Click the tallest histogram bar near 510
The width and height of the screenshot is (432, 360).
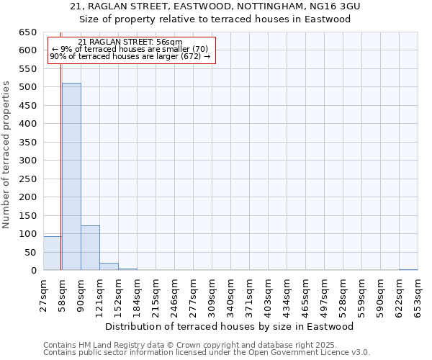[71, 176]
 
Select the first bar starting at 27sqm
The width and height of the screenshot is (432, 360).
[52, 253]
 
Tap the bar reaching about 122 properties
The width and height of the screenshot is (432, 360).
[90, 248]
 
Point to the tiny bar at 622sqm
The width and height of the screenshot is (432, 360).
[408, 269]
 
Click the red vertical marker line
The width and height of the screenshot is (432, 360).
[61, 180]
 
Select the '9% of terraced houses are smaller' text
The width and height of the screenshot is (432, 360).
[130, 49]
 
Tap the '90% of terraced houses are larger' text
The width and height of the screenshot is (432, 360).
[130, 56]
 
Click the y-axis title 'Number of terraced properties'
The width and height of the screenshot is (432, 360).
[7, 155]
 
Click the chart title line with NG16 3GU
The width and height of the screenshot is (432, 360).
[215, 6]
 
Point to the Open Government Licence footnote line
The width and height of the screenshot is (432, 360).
[207, 352]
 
